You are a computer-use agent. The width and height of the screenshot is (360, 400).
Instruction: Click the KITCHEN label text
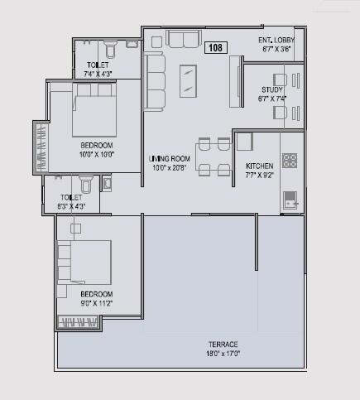[x=259, y=166]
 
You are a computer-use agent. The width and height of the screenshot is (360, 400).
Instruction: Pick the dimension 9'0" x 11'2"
[x=96, y=303]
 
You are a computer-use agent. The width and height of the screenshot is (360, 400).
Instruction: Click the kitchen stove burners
[x=290, y=160]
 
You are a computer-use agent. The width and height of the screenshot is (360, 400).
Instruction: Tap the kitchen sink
[x=291, y=198]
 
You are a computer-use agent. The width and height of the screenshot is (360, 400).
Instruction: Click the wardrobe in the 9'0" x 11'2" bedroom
[x=77, y=322]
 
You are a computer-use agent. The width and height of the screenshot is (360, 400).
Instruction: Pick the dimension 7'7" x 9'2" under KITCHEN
[x=259, y=175]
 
